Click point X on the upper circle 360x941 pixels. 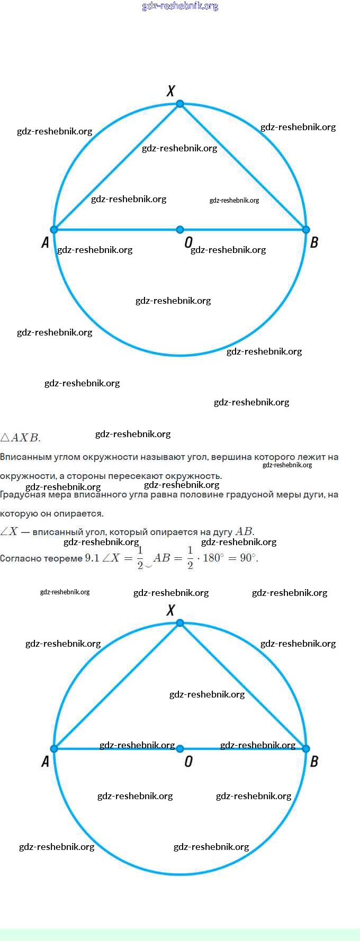point(180,104)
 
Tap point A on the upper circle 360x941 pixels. point(54,230)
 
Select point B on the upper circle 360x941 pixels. point(305,230)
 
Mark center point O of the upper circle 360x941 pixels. point(180,230)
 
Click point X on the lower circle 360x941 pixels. point(180,623)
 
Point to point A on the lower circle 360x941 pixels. point(54,749)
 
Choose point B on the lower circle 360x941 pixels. point(305,749)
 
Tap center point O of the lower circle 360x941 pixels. point(180,749)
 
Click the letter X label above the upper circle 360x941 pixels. point(170,91)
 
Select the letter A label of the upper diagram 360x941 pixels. point(45,242)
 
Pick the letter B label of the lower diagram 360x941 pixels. point(314,762)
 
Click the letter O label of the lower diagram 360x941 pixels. point(188,762)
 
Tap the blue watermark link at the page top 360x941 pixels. point(180,6)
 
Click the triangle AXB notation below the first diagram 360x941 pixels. point(20,438)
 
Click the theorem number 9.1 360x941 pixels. point(92,558)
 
